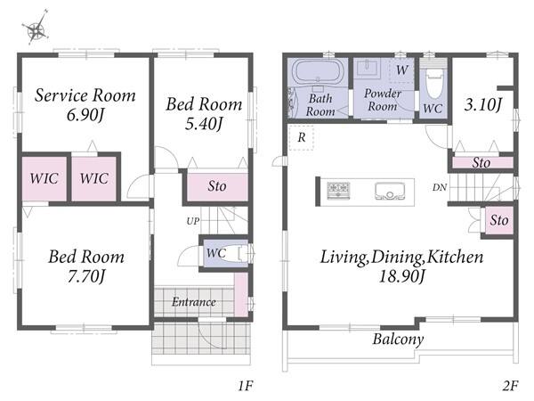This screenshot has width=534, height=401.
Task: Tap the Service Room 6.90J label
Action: click(x=85, y=104)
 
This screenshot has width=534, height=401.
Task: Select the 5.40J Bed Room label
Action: click(x=204, y=113)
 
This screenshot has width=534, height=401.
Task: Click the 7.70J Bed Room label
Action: click(x=86, y=266)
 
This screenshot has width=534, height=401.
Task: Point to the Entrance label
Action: click(x=194, y=302)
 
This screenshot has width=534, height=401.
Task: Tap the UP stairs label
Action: click(x=193, y=221)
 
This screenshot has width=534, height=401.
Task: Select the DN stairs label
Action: click(x=440, y=187)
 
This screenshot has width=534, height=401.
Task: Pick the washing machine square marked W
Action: click(x=401, y=70)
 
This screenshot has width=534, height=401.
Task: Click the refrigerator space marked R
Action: click(x=302, y=137)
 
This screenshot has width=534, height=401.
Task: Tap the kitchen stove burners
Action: click(x=338, y=191)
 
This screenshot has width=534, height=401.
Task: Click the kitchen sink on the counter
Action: click(x=389, y=191)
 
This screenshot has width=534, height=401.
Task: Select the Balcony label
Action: click(x=398, y=340)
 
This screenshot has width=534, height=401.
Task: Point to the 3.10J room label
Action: click(x=483, y=104)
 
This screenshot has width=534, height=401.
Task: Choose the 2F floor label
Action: click(x=510, y=386)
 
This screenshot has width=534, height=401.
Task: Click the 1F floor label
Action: click(x=246, y=386)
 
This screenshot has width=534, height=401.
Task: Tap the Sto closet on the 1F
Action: click(x=217, y=186)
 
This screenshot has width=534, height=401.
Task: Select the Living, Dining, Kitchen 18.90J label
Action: click(x=402, y=266)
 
